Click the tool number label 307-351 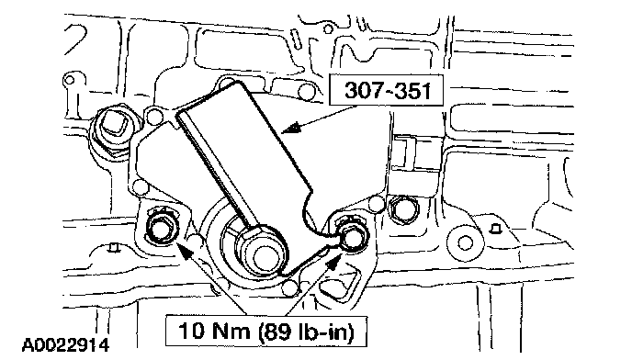(x=388, y=90)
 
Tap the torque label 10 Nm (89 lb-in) (x=266, y=332)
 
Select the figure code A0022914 (x=65, y=345)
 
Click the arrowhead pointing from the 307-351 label (x=291, y=129)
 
